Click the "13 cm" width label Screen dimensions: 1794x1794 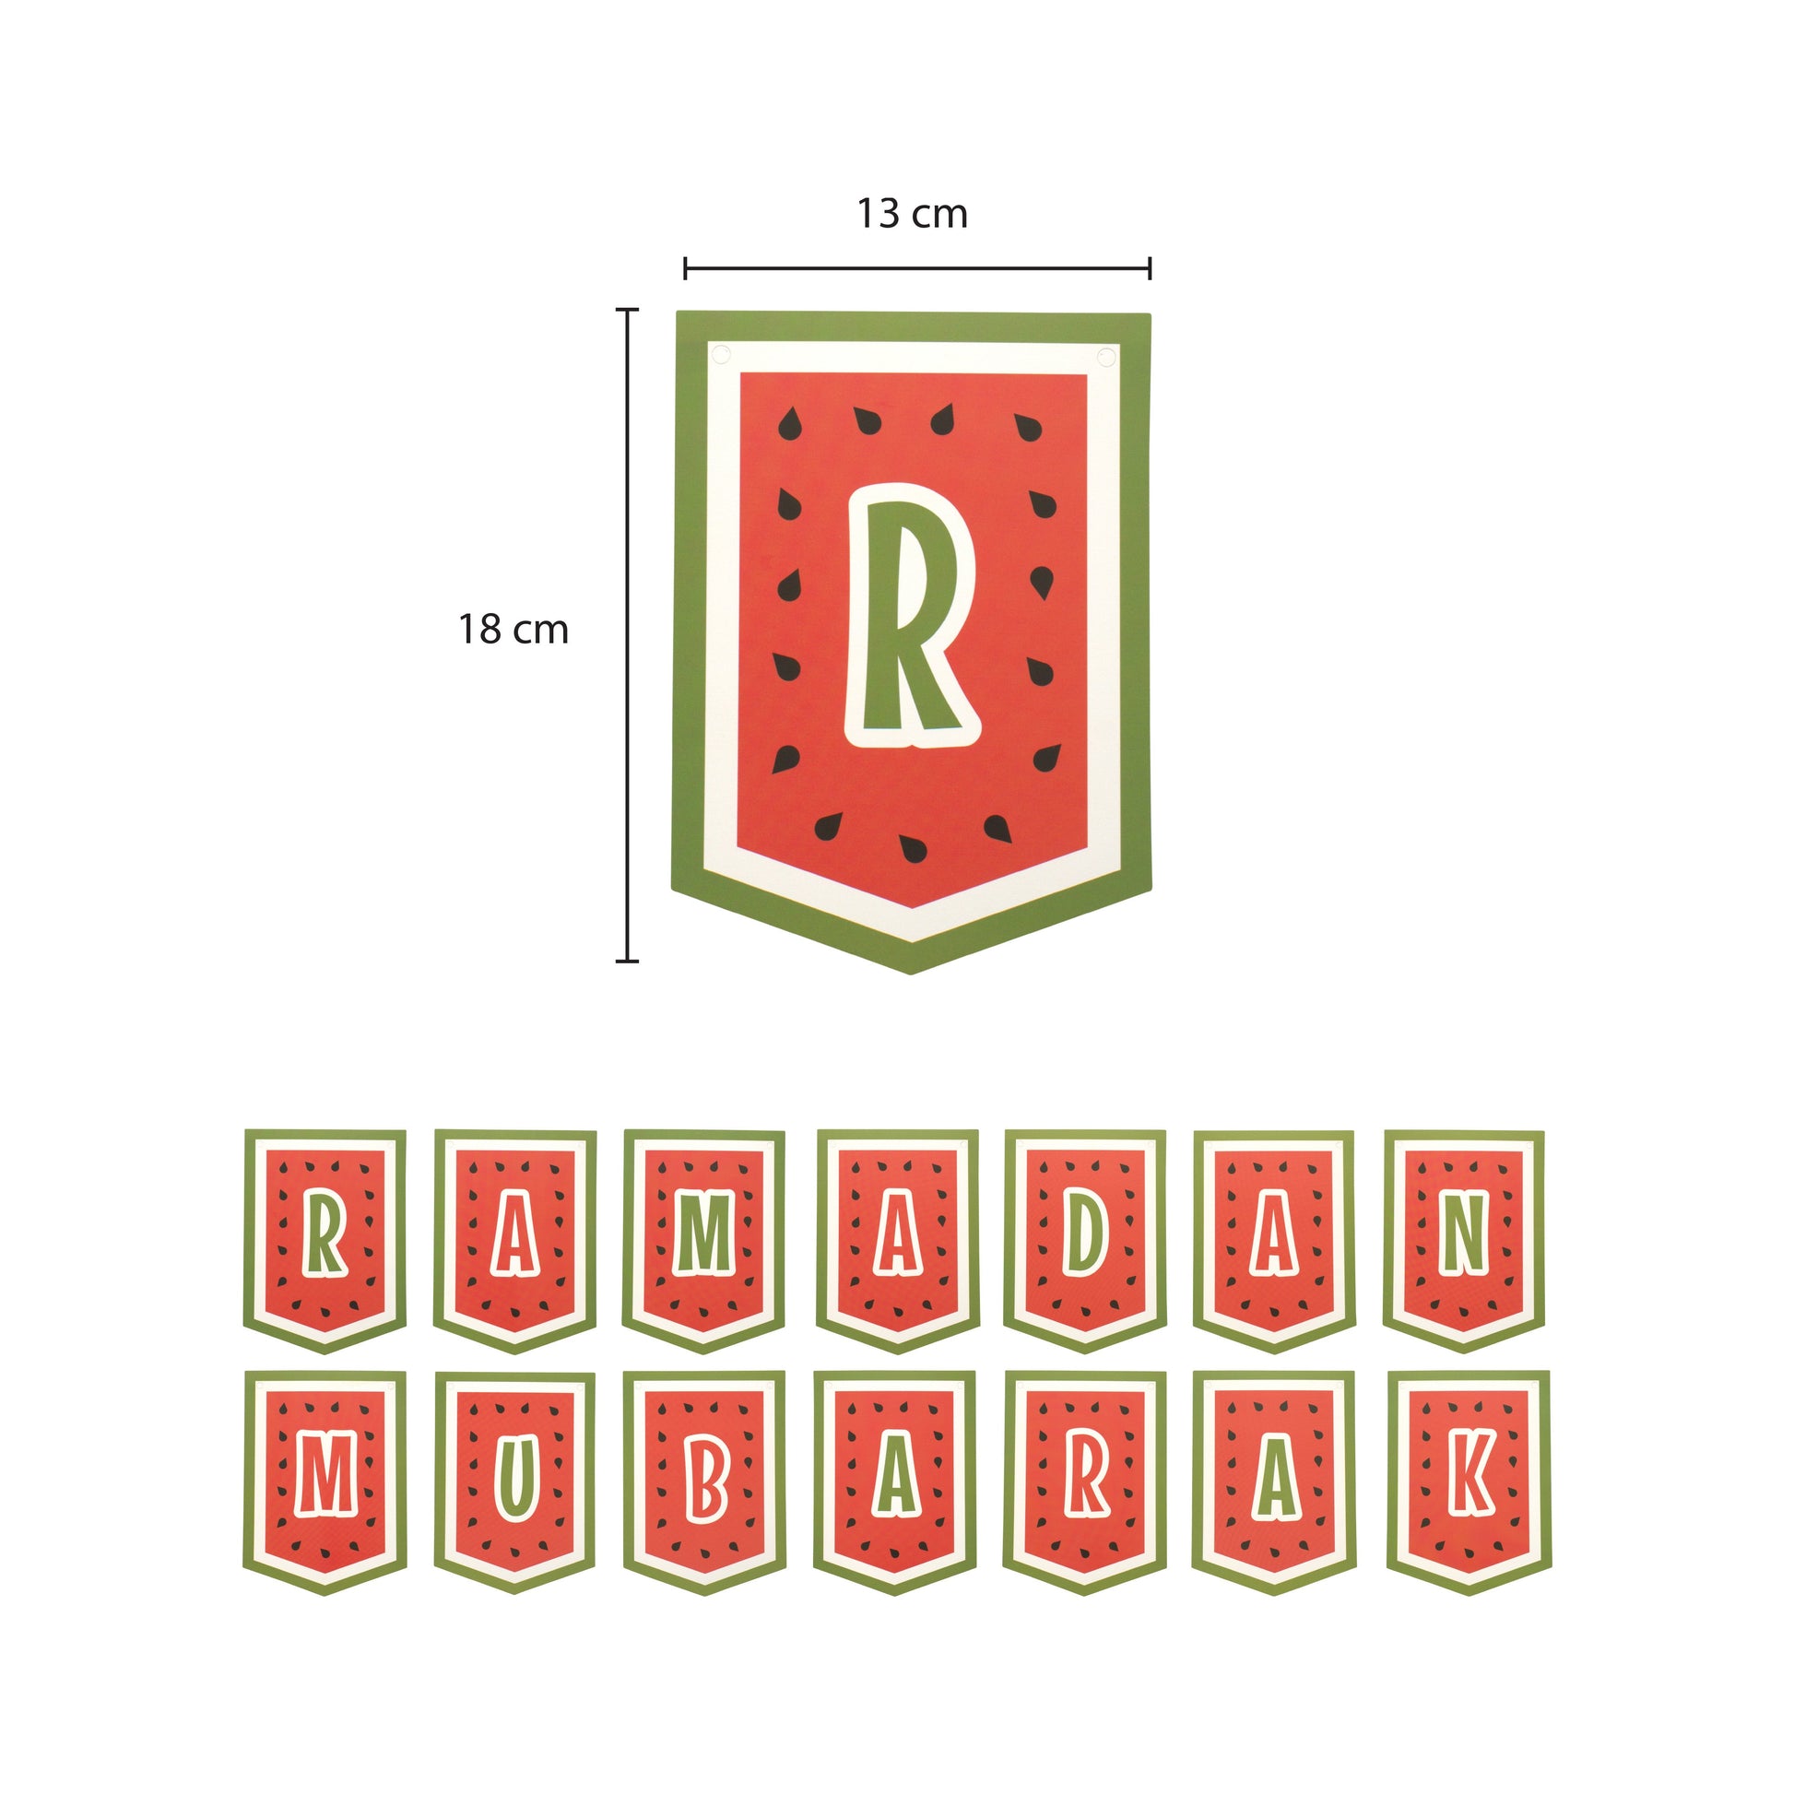(912, 214)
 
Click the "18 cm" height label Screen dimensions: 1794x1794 (513, 630)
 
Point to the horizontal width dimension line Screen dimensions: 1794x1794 (917, 268)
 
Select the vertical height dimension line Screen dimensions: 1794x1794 (628, 634)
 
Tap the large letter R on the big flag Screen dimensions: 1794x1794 (911, 616)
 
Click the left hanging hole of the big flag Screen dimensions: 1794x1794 (720, 356)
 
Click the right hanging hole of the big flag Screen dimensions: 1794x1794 (1106, 358)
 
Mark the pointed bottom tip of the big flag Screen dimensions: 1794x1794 (910, 974)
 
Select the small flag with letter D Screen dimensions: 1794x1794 (1084, 1241)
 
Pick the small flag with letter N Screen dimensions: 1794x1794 (1464, 1241)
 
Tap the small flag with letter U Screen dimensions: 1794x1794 (515, 1483)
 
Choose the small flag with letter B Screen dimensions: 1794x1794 (704, 1483)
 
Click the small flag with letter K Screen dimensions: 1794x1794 (1469, 1483)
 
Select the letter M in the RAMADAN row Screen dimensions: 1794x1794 (703, 1234)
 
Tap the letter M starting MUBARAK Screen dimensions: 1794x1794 (326, 1476)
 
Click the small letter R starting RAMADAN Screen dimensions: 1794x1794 (325, 1234)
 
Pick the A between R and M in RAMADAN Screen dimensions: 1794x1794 (514, 1235)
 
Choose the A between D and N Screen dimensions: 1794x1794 (1275, 1235)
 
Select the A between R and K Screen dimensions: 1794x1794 (1278, 1477)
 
